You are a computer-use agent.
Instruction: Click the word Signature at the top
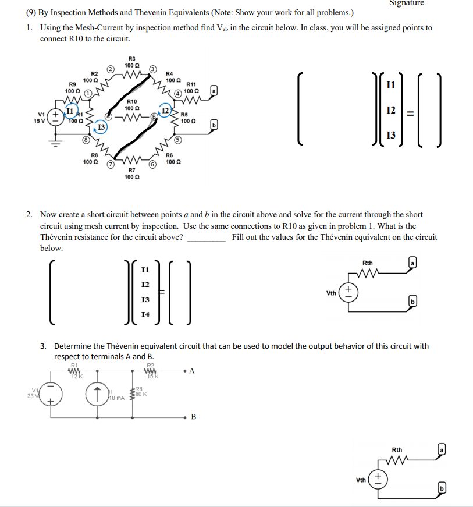click(407, 3)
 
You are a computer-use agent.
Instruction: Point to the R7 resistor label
click(132, 170)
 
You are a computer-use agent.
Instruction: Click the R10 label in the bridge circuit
click(132, 102)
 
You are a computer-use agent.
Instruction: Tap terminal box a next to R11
click(214, 91)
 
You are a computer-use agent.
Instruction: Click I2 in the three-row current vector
click(391, 110)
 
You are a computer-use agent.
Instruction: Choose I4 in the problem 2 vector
click(145, 315)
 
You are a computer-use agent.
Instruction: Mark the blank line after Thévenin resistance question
click(205, 238)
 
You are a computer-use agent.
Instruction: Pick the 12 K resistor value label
click(74, 377)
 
